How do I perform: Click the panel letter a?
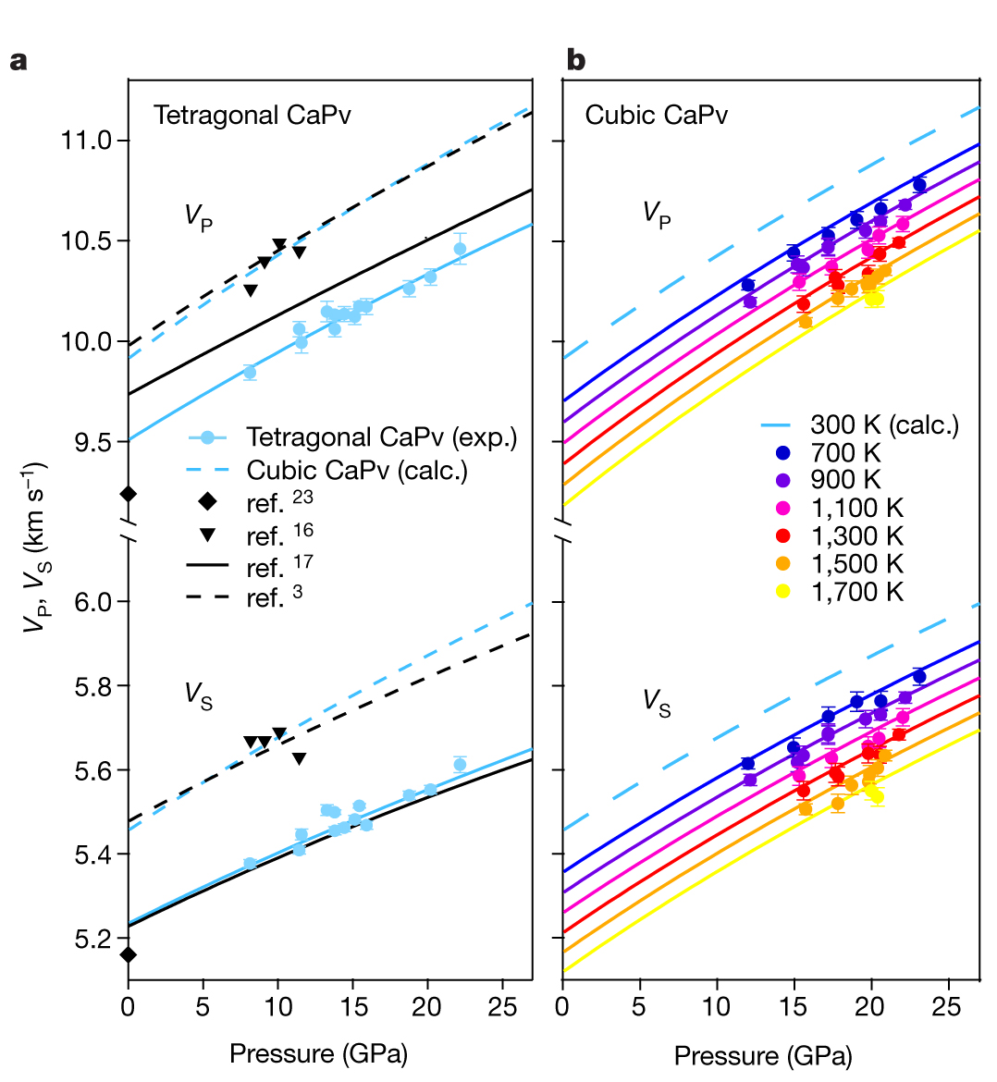click(18, 61)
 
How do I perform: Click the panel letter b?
click(575, 61)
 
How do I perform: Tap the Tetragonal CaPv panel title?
click(252, 116)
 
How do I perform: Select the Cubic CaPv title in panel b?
click(656, 116)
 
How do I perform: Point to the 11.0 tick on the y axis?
click(85, 141)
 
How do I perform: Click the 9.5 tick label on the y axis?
click(92, 442)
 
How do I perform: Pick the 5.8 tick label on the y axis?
click(92, 686)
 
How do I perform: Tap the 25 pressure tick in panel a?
click(501, 1006)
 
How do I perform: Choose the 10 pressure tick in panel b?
click(716, 1006)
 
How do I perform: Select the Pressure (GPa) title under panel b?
click(763, 1055)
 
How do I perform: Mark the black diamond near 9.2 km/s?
click(129, 494)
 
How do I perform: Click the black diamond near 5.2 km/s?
click(129, 954)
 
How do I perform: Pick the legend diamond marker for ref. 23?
click(208, 502)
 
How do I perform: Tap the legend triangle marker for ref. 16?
click(208, 535)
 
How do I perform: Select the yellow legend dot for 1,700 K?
click(783, 592)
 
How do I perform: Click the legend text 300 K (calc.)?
click(884, 425)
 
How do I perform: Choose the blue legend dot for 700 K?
click(783, 453)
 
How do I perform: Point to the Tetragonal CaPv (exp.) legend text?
click(381, 437)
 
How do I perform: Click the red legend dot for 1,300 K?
click(783, 536)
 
